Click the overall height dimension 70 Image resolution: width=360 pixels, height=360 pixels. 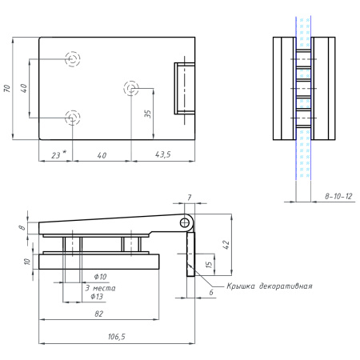pos(7,88)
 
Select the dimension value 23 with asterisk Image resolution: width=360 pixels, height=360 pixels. pos(56,154)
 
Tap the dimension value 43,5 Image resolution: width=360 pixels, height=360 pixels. pos(162,154)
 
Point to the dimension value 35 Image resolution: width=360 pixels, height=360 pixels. pos(148,114)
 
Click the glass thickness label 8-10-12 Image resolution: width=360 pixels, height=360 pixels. pos(338,195)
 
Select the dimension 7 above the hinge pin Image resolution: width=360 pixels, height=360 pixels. pos(190,197)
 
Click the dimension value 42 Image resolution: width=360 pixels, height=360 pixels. pos(226,246)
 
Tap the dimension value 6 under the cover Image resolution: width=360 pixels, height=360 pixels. pos(211,293)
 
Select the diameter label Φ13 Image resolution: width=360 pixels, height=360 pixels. pos(96,296)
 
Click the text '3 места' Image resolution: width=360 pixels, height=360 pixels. pos(98,286)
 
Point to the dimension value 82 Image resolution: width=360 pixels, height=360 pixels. pos(98,315)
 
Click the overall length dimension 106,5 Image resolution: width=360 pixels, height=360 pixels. pos(116,337)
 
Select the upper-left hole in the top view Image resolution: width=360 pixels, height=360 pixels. pos(73,58)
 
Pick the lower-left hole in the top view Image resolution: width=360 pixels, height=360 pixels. pos(73,118)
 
